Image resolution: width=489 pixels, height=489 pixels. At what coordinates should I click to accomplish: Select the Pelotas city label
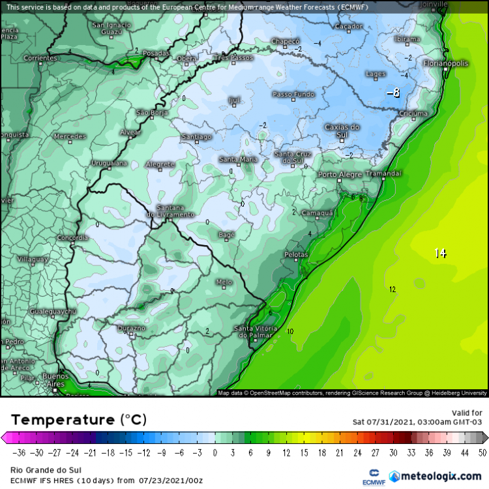pyautogui.click(x=296, y=254)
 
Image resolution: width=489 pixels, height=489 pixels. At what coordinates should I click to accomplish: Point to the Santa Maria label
pyautogui.click(x=238, y=160)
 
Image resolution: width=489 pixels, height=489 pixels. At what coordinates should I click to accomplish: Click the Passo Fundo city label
pyautogui.click(x=293, y=95)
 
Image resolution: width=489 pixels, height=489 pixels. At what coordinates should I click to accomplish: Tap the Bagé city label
pyautogui.click(x=226, y=233)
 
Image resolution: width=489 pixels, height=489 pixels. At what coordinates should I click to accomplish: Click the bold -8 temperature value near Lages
pyautogui.click(x=393, y=93)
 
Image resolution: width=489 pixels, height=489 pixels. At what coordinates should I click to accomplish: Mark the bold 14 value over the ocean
pyautogui.click(x=441, y=253)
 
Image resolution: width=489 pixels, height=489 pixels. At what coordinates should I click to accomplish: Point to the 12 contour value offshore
pyautogui.click(x=392, y=289)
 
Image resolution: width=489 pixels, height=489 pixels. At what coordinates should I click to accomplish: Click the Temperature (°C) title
pyautogui.click(x=78, y=419)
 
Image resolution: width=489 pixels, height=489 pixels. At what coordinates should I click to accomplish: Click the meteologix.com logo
pyautogui.click(x=435, y=477)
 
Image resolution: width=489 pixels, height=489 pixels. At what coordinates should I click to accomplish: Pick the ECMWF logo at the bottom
pyautogui.click(x=374, y=476)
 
